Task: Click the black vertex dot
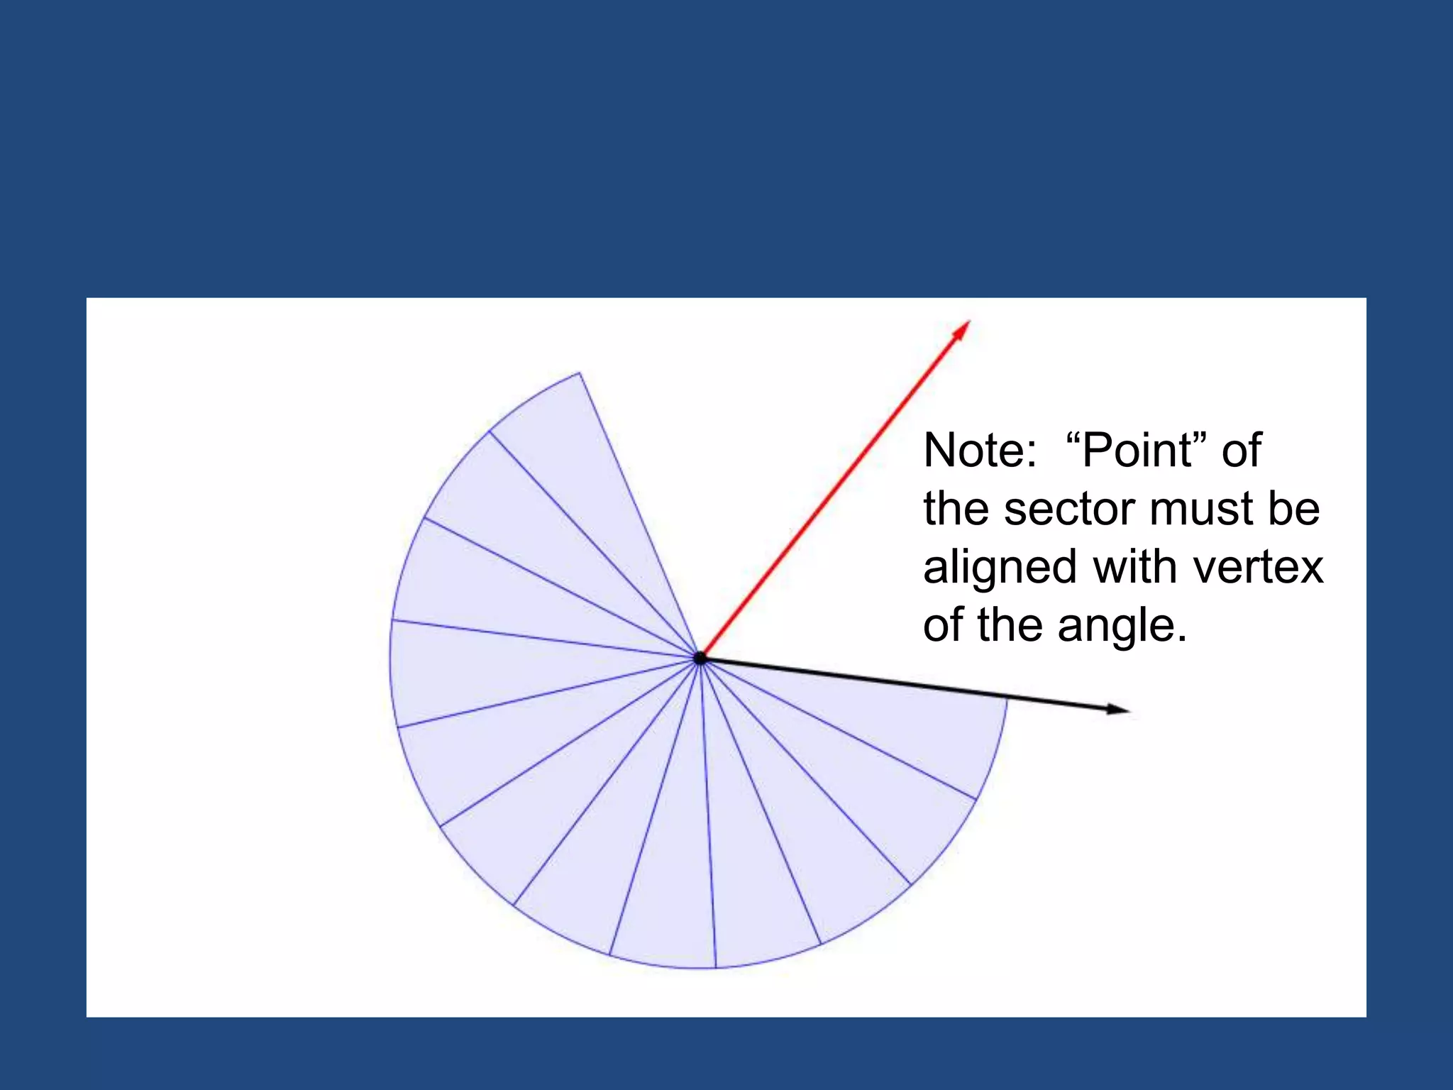[x=700, y=658]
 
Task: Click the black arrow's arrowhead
[x=1117, y=708]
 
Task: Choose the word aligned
[x=999, y=568]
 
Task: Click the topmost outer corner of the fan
[x=580, y=373]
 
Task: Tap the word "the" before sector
[x=957, y=509]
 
